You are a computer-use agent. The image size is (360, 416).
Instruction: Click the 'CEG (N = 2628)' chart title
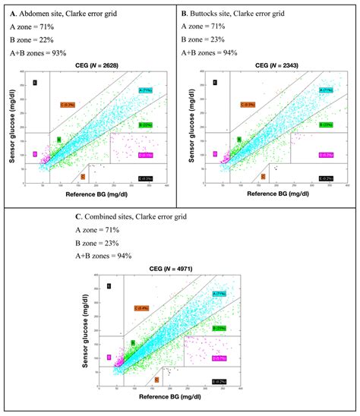[x=96, y=67]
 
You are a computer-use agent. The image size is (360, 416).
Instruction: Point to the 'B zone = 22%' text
[x=34, y=39]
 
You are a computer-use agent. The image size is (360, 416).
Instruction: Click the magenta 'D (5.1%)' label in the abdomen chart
[x=145, y=155]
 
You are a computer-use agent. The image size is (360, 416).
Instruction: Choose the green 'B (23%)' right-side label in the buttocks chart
[x=326, y=124]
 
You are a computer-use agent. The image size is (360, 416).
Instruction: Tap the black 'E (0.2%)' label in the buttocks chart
[x=326, y=178]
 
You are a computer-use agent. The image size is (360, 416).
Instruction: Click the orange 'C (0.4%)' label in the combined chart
[x=141, y=307]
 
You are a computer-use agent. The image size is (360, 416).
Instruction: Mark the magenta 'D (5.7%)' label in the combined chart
[x=219, y=358]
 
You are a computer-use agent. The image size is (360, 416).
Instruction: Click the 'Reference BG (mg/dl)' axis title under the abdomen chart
[x=96, y=194]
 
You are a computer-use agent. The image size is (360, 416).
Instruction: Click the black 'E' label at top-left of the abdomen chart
[x=34, y=82]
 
